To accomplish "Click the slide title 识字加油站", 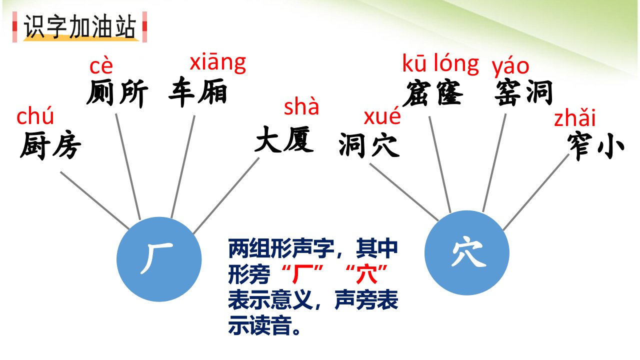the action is pos(79,26).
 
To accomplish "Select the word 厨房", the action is pos(50,145).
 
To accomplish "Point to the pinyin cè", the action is pos(101,66).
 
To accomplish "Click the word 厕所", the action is pos(117,93).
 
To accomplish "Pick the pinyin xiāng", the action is pos(217,63).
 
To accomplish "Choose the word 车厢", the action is pos(198,91).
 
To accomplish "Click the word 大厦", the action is pos(284,139).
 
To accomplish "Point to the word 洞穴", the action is pos(369,145).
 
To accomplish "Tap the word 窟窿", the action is pos(433,93).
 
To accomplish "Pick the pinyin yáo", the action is pos(510,67).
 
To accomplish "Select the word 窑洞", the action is pos(523,93).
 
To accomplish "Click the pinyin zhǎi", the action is pos(575,117).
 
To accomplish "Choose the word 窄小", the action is pos(595,145).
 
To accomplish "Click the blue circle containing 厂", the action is pos(159,259).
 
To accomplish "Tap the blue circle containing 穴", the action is pos(467,252).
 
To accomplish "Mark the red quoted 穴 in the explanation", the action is pos(366,273).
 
